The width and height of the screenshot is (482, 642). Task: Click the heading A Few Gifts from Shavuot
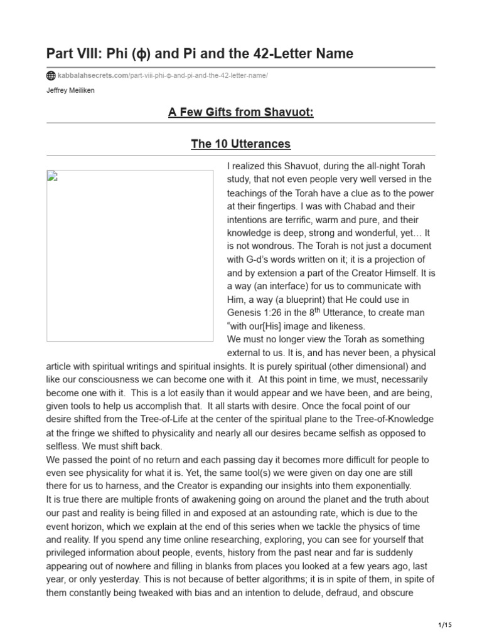pos(241,112)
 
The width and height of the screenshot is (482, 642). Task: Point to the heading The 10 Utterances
pos(241,144)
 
